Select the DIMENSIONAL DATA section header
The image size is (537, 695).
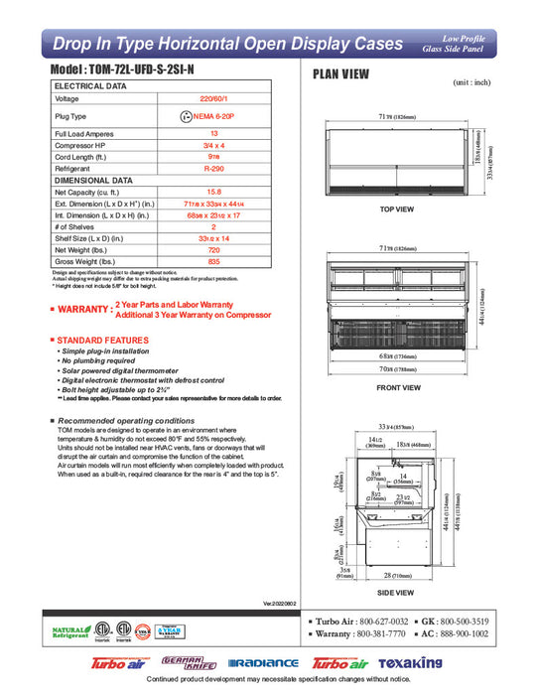point(93,180)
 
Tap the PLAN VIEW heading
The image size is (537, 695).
point(343,73)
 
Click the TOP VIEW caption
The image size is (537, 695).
point(397,210)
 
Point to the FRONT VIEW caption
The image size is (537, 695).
point(397,387)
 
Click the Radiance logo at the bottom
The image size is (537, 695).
point(263,663)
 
